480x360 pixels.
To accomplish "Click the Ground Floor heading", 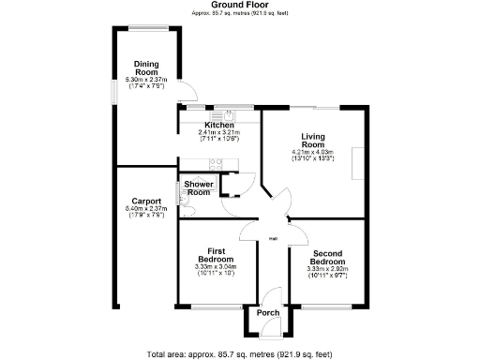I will point(240,5).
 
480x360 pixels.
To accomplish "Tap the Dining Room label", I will point(145,67).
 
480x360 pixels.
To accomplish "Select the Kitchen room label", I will point(219,125).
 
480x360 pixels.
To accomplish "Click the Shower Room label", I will point(198,188).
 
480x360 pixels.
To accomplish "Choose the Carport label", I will point(145,201).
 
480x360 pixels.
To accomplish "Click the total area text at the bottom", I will point(240,353).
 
